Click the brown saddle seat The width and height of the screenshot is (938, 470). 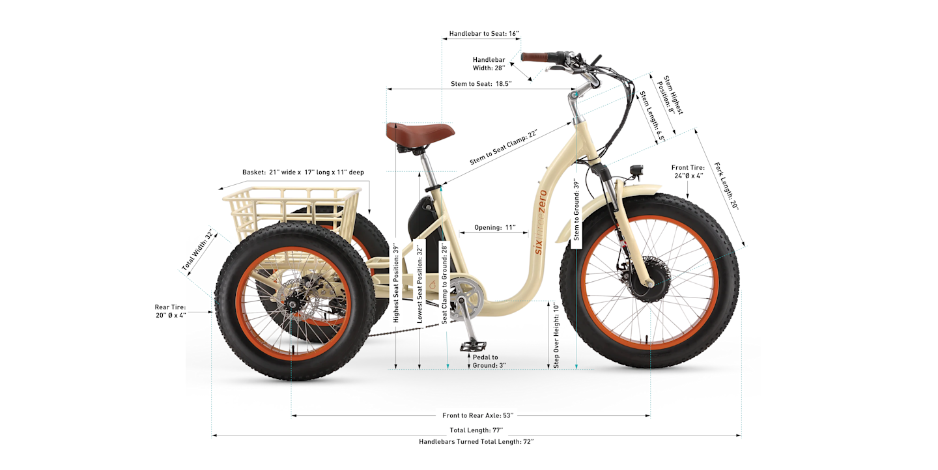[x=419, y=132]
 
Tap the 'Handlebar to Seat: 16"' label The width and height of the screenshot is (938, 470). [x=484, y=33]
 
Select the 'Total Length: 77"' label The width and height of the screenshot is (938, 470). [x=476, y=430]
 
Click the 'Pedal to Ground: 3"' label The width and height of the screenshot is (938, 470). [x=485, y=361]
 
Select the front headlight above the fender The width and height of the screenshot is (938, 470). [x=636, y=171]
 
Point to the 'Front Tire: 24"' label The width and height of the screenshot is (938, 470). [x=688, y=172]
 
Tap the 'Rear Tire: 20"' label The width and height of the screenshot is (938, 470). [x=171, y=311]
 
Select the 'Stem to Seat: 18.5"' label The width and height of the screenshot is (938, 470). [x=481, y=84]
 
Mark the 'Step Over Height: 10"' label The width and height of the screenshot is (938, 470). [x=556, y=335]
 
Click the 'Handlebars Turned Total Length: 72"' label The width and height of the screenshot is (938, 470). [x=476, y=442]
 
